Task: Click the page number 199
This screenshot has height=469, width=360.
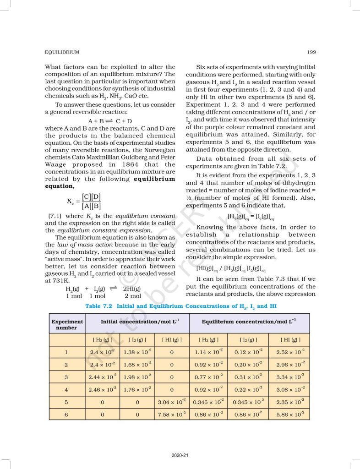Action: click(311, 52)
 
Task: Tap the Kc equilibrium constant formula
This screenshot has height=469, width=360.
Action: click(84, 201)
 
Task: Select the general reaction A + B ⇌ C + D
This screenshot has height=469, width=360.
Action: click(110, 121)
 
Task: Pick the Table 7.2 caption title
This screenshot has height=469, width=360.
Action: click(180, 305)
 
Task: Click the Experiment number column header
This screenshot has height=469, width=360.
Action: click(67, 324)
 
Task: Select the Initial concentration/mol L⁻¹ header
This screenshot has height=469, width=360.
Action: click(137, 322)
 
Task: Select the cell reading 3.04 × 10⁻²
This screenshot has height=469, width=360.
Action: click(171, 402)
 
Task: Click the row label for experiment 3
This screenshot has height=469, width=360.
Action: click(67, 377)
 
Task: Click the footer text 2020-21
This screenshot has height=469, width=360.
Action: click(179, 455)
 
